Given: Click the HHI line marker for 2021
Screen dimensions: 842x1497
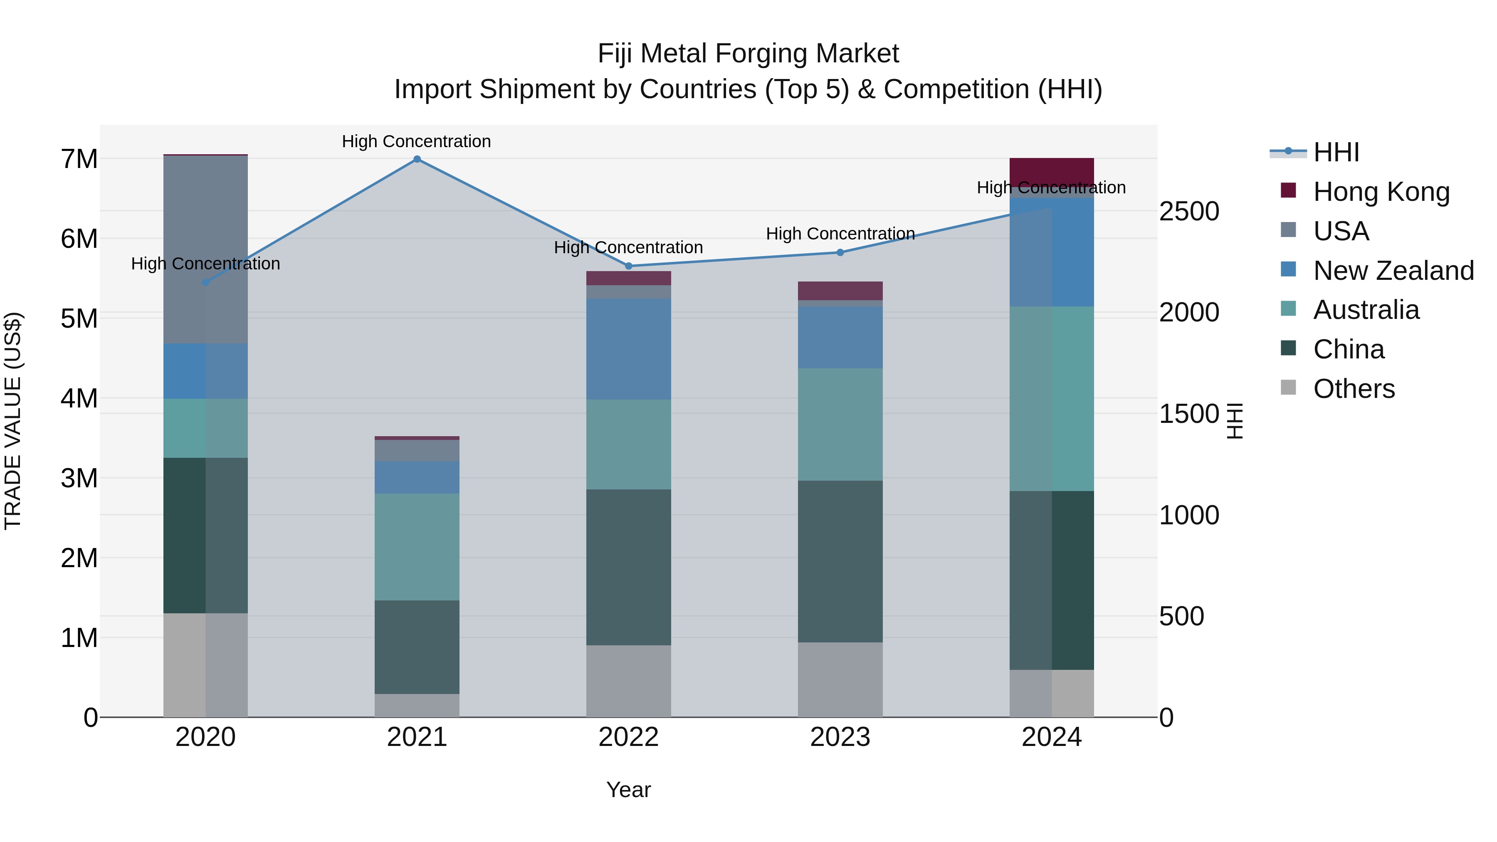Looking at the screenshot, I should (417, 159).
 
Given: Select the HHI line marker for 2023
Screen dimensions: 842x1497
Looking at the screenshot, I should (840, 252).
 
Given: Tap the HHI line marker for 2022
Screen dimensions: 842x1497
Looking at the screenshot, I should (628, 266).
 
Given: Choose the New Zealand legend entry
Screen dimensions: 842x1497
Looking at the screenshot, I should (1392, 270).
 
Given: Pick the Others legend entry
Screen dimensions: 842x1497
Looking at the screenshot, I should (1354, 388).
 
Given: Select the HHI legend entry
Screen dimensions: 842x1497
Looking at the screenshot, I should (1335, 152).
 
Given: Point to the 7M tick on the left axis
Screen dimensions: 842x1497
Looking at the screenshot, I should (79, 159).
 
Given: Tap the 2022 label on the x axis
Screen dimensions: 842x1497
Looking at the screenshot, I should (628, 737).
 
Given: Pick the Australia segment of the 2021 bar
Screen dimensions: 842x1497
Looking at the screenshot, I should (417, 547).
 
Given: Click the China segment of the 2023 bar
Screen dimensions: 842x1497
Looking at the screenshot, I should (840, 561).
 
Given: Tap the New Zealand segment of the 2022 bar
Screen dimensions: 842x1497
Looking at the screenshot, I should (628, 349).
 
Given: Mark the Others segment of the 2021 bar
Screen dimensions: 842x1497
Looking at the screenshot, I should (417, 706).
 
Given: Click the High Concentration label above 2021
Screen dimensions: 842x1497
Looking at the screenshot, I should (416, 141).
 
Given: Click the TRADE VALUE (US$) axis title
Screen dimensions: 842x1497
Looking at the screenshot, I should (13, 421).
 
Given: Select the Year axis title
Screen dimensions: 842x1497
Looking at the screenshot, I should (628, 790).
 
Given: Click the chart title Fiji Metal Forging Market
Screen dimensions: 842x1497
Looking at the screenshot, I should (748, 54).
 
